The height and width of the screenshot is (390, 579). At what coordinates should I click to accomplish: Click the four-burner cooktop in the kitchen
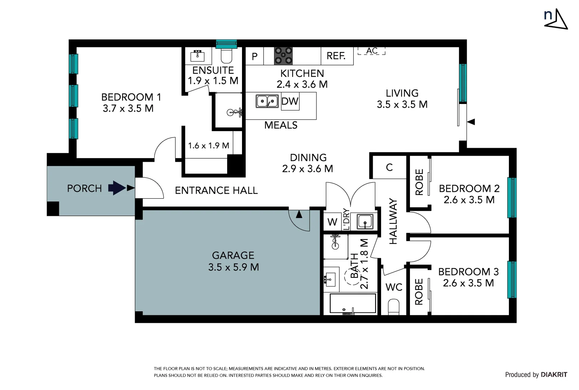click(x=283, y=56)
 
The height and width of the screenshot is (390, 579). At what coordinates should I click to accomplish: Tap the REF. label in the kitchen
click(x=336, y=56)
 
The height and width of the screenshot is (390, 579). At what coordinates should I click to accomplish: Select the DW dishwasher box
click(x=290, y=101)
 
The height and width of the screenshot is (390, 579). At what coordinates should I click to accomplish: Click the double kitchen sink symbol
click(x=267, y=101)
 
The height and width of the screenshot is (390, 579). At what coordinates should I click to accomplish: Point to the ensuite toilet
click(x=227, y=55)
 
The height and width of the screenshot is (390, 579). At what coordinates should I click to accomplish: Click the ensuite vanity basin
click(x=198, y=56)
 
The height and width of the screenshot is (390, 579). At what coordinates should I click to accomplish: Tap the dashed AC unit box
click(x=371, y=51)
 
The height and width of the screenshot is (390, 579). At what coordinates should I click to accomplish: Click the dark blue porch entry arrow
click(x=117, y=188)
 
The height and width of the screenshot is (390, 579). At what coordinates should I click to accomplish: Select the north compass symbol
click(x=556, y=19)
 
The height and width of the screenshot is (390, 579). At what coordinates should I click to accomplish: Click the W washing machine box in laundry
click(x=332, y=222)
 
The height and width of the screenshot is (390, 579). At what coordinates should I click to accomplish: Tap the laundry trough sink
click(x=365, y=221)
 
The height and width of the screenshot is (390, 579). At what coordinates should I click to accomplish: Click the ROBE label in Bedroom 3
click(x=419, y=292)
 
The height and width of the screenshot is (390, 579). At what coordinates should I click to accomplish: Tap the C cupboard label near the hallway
click(x=389, y=168)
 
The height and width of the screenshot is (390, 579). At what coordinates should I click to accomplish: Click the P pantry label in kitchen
click(x=255, y=56)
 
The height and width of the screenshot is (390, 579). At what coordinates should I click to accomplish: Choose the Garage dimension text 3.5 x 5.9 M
click(x=234, y=267)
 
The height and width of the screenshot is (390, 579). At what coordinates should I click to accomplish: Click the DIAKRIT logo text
click(x=554, y=374)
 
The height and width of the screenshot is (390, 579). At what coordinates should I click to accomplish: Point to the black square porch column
click(x=53, y=208)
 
